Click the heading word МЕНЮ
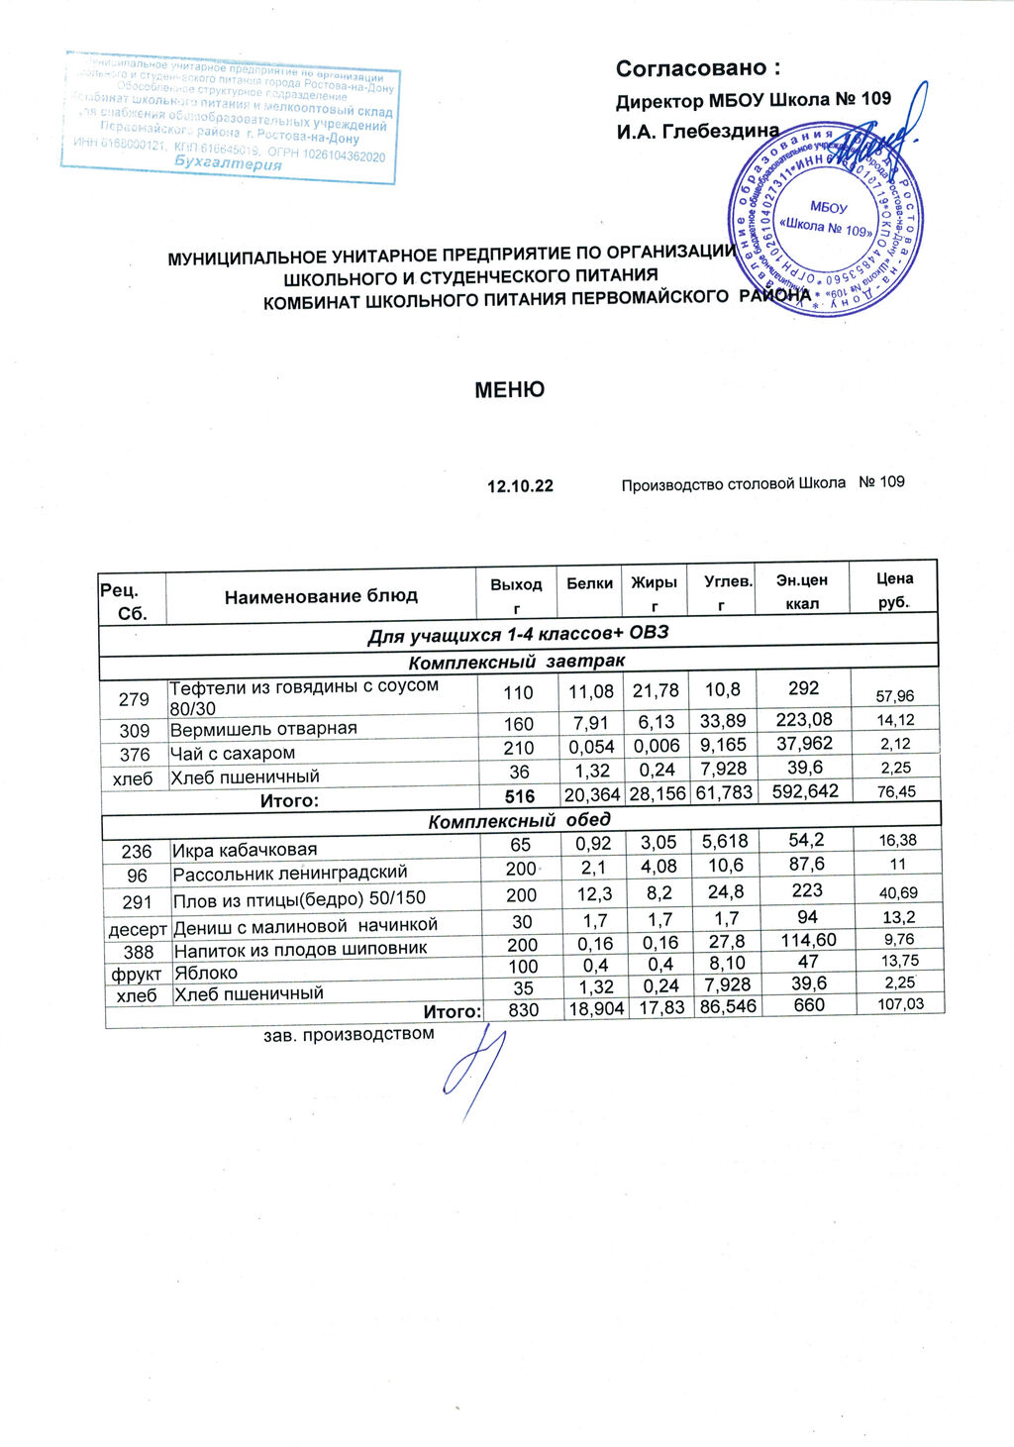point(509,389)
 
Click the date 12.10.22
point(520,486)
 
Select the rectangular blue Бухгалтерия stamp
point(231,117)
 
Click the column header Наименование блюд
point(321,596)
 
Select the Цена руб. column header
point(894,590)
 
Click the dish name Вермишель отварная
point(263,729)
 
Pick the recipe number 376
point(135,755)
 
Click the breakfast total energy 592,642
point(805,791)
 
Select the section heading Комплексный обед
point(519,820)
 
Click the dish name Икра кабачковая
point(245,850)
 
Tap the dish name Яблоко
point(206,973)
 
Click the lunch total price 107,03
point(900,1004)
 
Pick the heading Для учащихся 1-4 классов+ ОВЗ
point(517,634)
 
